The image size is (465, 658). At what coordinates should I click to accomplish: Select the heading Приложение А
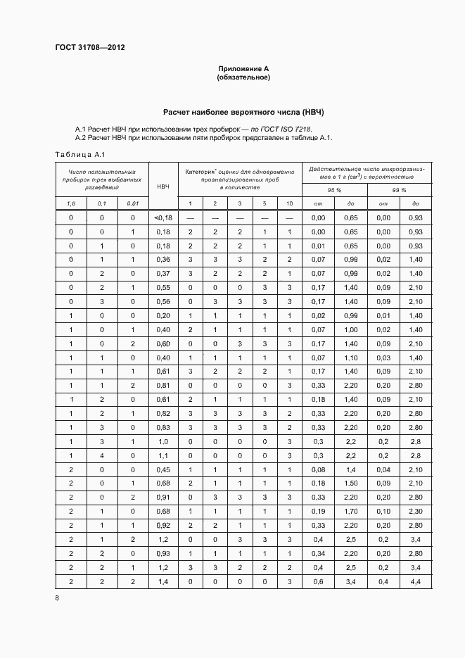243,68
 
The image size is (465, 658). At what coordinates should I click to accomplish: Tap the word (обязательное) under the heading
243,77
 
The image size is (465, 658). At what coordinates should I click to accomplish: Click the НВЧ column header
163,186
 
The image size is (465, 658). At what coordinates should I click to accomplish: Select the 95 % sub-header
333,191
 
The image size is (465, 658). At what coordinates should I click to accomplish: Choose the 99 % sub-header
400,191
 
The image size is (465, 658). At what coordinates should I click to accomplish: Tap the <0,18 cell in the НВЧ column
163,218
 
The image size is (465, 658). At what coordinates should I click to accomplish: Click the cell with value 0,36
163,259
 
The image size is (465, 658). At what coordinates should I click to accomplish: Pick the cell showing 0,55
163,286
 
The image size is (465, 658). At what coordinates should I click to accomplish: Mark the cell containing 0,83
163,427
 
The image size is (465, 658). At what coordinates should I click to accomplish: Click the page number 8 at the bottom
57,598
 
